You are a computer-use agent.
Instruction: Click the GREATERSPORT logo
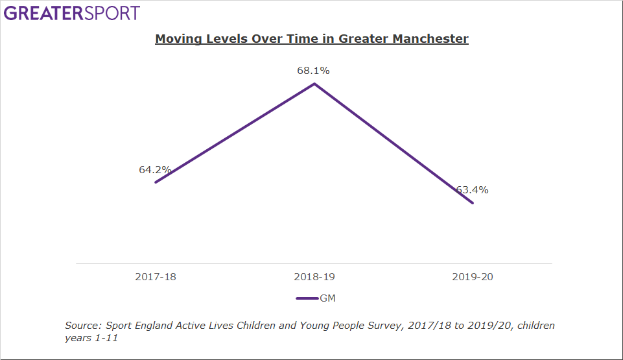click(x=72, y=13)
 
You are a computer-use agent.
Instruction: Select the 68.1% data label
click(x=313, y=71)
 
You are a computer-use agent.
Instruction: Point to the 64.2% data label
click(x=155, y=170)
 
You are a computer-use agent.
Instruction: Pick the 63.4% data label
click(x=472, y=190)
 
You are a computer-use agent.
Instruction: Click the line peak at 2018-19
click(x=314, y=84)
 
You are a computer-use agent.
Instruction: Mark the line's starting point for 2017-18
click(x=156, y=182)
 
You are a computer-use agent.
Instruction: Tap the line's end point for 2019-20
click(x=473, y=203)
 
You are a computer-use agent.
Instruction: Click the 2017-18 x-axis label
click(x=156, y=277)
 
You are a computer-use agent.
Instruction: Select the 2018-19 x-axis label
click(x=314, y=277)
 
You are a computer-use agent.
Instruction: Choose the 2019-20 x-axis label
click(x=473, y=277)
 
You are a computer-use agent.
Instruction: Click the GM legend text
click(x=327, y=298)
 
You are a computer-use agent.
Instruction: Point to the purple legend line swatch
click(x=307, y=298)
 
